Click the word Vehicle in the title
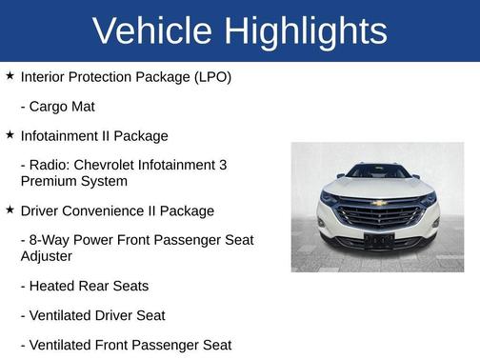(x=152, y=30)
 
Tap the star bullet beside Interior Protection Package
(x=10, y=74)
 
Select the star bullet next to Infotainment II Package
(x=10, y=135)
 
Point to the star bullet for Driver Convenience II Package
(x=10, y=210)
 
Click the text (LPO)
(x=210, y=76)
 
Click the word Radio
(x=51, y=165)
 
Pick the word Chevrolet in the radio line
(x=112, y=165)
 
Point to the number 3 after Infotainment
(x=222, y=165)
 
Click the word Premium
(x=50, y=181)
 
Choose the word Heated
(x=56, y=286)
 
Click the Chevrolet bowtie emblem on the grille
(x=378, y=203)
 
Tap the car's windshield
(x=377, y=172)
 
